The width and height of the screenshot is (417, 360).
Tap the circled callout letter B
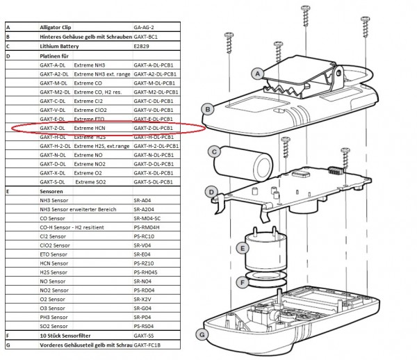coord(206,108)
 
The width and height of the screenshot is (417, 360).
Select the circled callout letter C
coord(215,151)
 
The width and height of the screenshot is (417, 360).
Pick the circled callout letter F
coord(242,282)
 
